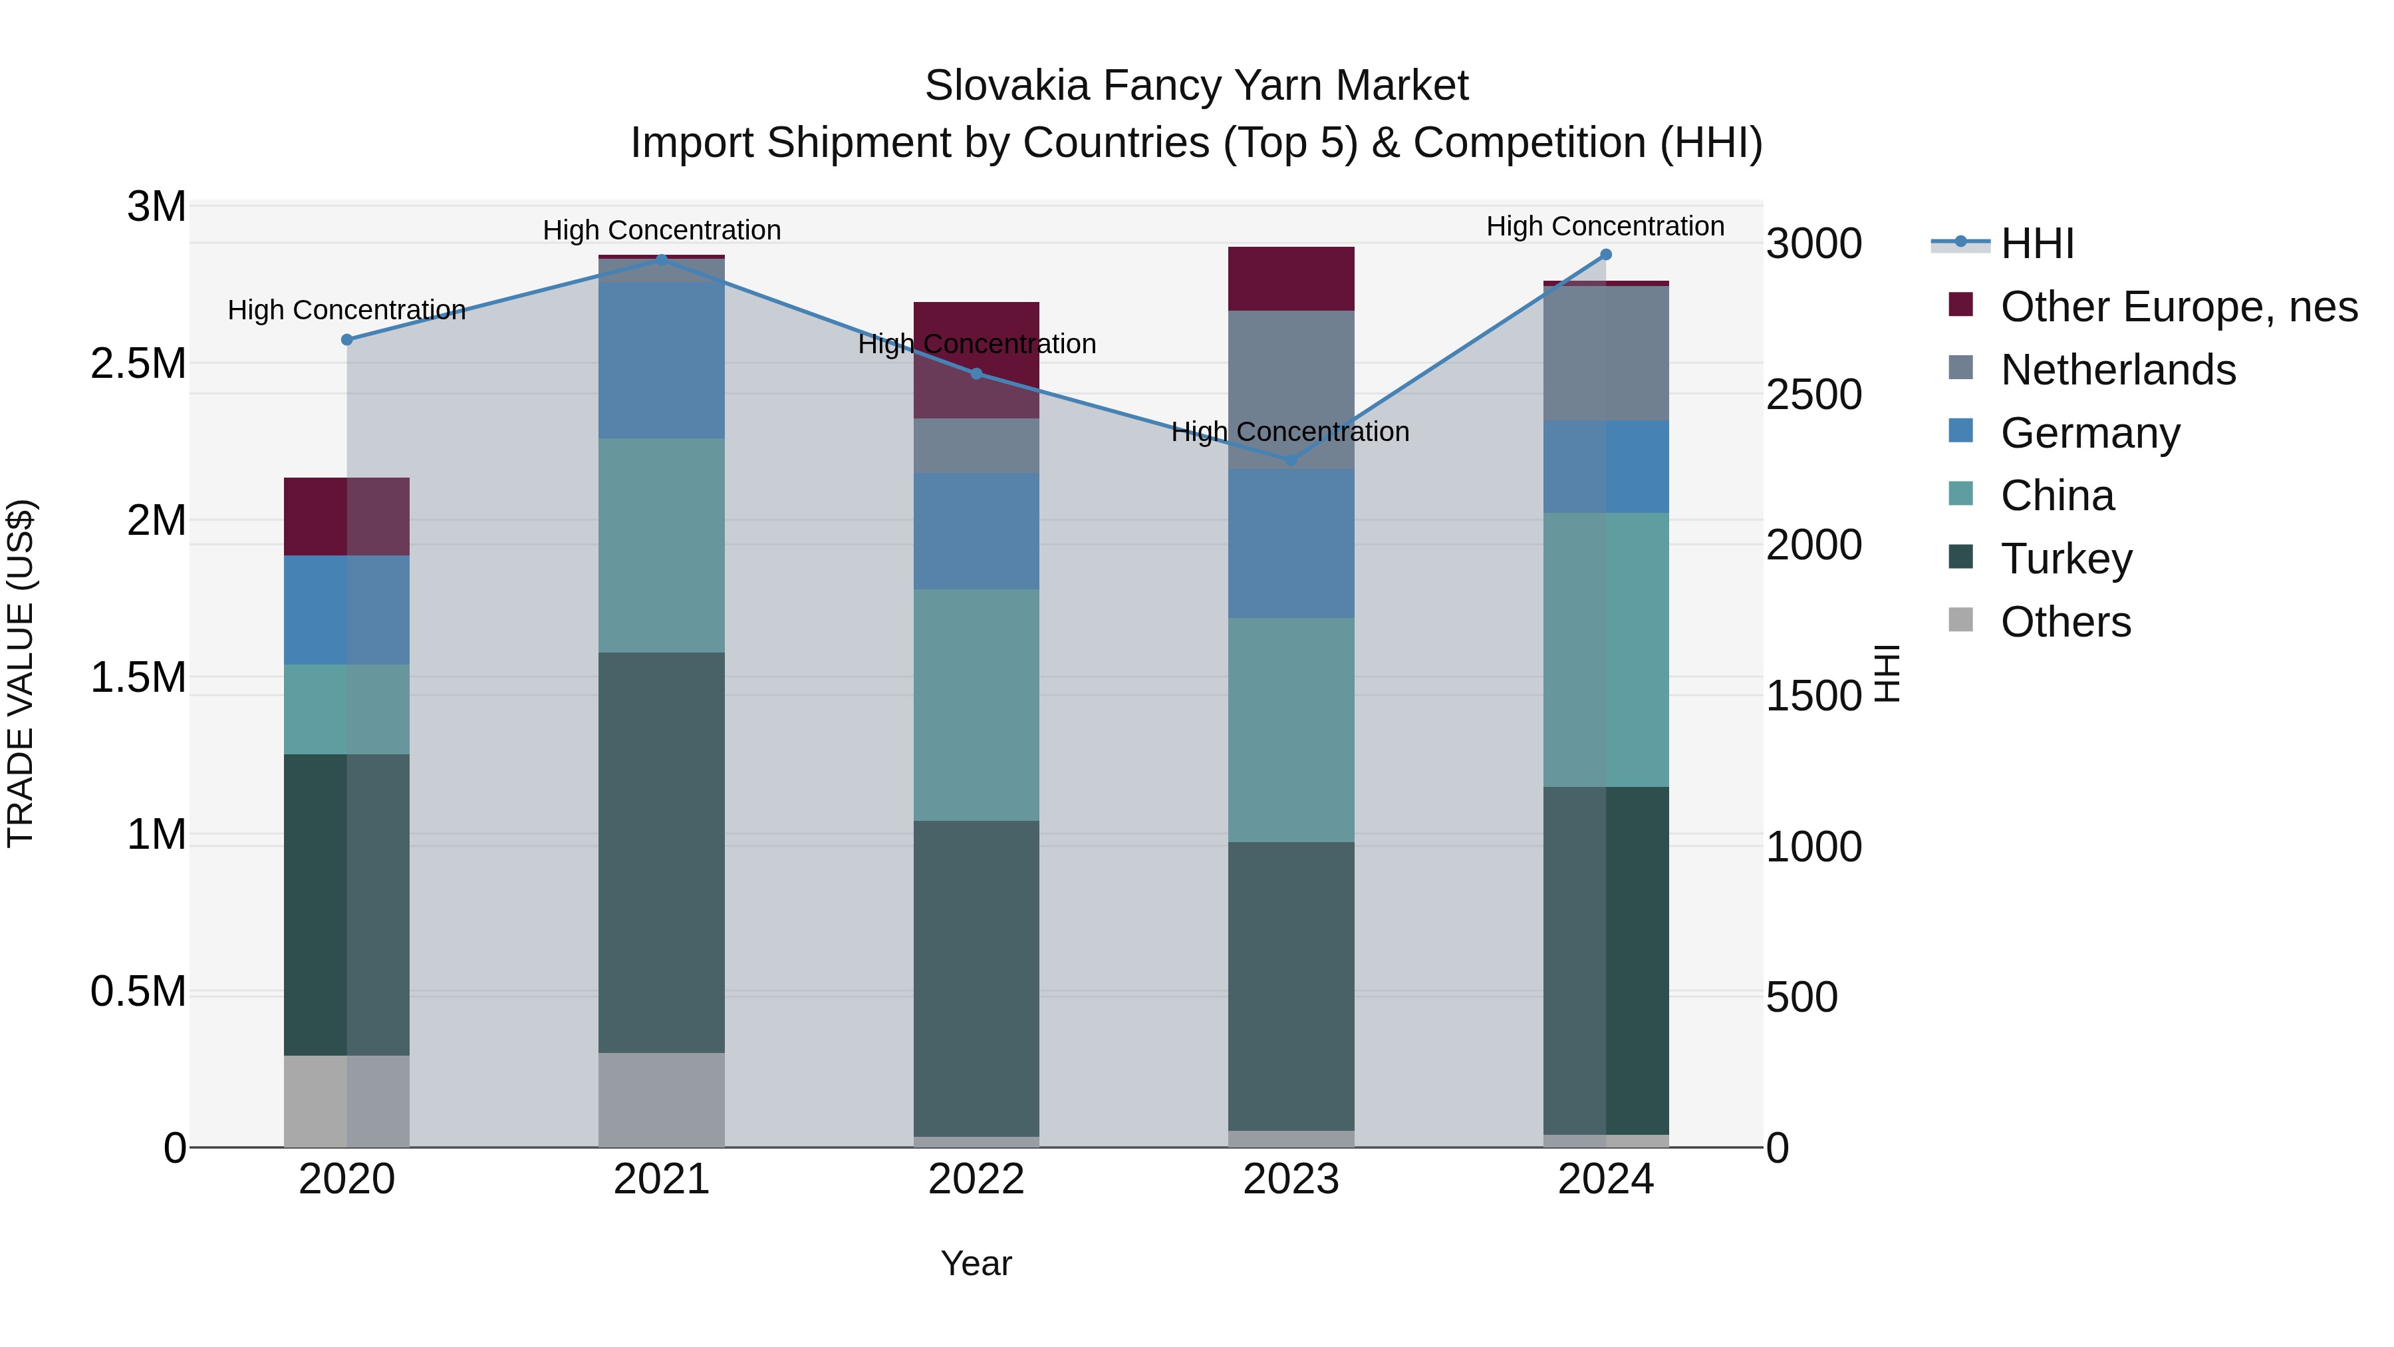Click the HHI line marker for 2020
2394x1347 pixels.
pos(346,340)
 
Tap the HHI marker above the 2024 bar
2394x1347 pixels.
pos(1605,255)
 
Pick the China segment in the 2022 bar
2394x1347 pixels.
pos(976,704)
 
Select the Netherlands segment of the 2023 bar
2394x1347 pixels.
pos(1291,390)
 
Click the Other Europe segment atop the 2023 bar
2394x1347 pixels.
pos(1291,279)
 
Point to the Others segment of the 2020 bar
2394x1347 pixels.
pos(346,1101)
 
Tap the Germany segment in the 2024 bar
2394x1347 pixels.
pos(1605,467)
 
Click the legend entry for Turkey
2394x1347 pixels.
pos(2066,559)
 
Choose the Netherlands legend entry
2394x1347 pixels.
pos(2118,370)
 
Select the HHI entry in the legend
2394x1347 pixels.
pos(2036,243)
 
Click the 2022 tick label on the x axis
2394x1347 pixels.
pos(976,1179)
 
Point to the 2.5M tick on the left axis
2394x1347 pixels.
pos(138,363)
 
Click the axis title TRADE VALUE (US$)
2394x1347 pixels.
pos(21,673)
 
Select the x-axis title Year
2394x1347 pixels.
pos(976,1263)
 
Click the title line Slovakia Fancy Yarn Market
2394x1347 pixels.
pos(1196,86)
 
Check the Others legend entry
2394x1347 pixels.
pos(2065,622)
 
